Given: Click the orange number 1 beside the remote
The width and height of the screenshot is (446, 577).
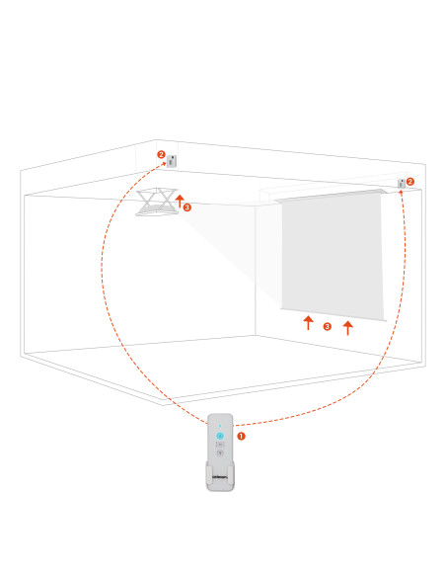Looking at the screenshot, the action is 241,436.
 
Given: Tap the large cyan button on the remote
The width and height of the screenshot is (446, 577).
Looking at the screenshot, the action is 220,436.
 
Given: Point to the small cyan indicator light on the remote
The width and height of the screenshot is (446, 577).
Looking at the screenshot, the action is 220,426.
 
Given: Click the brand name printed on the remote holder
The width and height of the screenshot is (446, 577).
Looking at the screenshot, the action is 220,477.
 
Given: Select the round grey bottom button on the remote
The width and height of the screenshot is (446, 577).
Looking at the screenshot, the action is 220,453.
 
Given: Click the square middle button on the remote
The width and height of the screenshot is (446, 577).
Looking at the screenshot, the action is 220,445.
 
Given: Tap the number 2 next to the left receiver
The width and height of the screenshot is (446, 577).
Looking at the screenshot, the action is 161,154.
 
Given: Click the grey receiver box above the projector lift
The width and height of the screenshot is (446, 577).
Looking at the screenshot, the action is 172,161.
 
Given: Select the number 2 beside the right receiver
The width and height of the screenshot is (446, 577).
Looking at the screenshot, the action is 410,182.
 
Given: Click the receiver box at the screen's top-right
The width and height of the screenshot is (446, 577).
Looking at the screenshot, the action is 402,183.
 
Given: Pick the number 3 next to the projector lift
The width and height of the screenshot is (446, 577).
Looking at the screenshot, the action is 187,207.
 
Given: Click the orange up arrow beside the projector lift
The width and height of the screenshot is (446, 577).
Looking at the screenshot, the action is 180,201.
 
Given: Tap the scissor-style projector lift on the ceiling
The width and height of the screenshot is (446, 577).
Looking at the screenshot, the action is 157,202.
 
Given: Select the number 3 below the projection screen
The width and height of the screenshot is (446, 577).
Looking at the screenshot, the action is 327,326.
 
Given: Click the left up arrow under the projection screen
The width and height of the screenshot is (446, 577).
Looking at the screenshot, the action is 309,322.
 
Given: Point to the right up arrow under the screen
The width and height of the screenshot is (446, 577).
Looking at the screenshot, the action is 348,328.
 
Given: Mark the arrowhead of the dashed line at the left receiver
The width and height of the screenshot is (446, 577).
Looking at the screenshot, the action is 164,164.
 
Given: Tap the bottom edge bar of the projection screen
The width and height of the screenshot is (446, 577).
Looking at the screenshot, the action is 334,314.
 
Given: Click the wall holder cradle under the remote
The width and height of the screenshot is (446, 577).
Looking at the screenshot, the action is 220,477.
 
